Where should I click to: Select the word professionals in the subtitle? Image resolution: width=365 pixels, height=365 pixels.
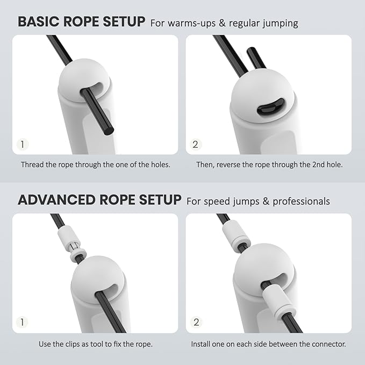tap(300, 202)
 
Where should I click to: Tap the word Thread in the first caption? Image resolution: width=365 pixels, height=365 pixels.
tap(32, 164)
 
